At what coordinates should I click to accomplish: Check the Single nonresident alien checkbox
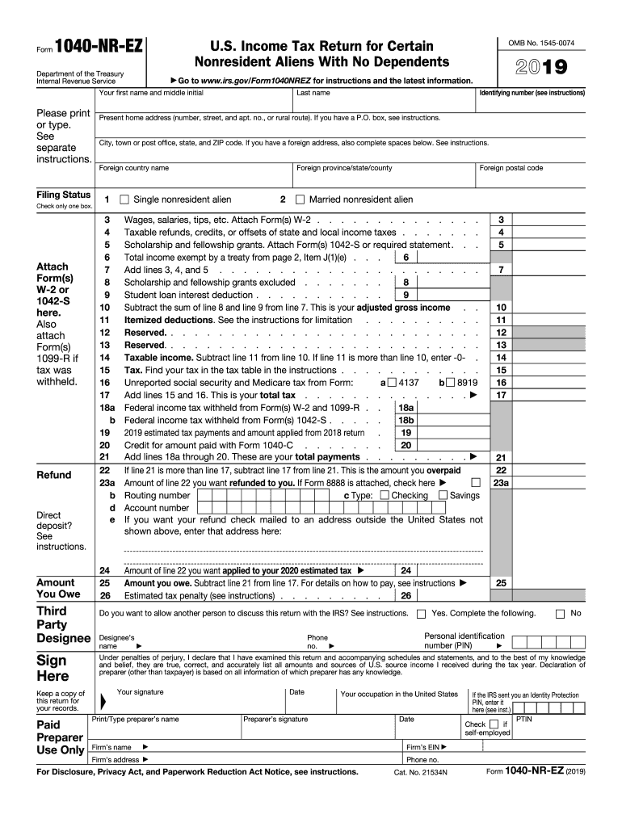pos(124,199)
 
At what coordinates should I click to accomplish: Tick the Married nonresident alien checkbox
pos(300,199)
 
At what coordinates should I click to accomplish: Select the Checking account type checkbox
pos(384,495)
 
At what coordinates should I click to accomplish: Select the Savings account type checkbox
pos(443,495)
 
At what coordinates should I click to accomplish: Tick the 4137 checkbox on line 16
pos(392,382)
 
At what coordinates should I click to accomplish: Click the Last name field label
pos(313,93)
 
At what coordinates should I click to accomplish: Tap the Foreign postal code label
pos(511,168)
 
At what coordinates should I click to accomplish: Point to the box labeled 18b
pos(405,420)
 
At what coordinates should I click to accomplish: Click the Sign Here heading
pos(53,669)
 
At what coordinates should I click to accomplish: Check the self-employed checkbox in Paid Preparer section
pos(494,724)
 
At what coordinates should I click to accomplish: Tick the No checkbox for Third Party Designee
pos(561,614)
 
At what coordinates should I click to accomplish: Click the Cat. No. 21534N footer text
pos(420,773)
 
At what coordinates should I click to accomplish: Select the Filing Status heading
pos(64,195)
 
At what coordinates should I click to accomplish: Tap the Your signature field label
pos(140,692)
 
